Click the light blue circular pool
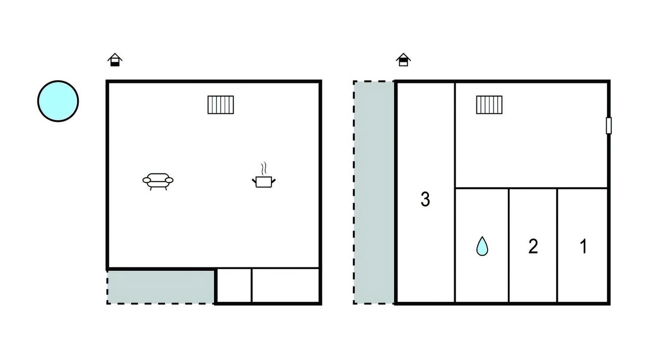click(58, 101)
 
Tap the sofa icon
click(158, 181)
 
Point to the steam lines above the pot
click(263, 168)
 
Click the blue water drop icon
click(482, 246)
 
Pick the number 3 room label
click(425, 199)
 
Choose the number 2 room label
click(533, 246)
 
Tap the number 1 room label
click(583, 246)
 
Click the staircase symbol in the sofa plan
click(221, 105)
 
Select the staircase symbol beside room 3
click(489, 105)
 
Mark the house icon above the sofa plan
click(115, 60)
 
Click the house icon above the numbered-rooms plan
click(403, 60)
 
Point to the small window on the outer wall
click(609, 126)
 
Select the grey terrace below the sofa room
click(160, 287)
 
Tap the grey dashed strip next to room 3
click(374, 193)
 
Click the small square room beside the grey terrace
click(234, 286)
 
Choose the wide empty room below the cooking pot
click(286, 286)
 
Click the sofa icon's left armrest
click(146, 180)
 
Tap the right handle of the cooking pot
click(274, 181)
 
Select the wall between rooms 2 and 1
click(557, 245)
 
